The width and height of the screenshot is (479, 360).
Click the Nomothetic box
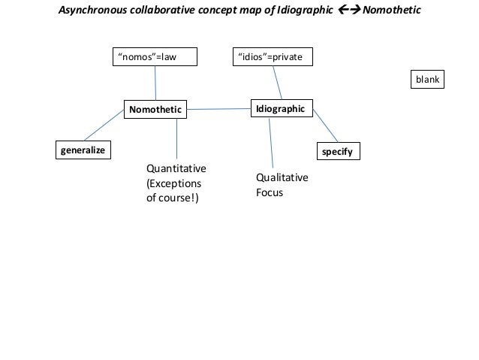(155, 110)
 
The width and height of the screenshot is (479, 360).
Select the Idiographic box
(281, 109)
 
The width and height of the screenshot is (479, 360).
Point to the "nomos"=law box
(155, 57)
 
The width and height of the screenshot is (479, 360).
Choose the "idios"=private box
(273, 57)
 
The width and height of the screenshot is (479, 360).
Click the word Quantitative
(176, 168)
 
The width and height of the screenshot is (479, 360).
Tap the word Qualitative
(282, 177)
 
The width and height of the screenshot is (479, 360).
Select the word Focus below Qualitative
(270, 192)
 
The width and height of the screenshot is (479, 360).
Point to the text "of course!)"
(173, 198)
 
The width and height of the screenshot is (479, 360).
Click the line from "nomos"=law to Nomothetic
(155, 83)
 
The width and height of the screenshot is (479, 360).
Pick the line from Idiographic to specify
(325, 126)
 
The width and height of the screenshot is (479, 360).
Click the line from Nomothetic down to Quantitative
(176, 139)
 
